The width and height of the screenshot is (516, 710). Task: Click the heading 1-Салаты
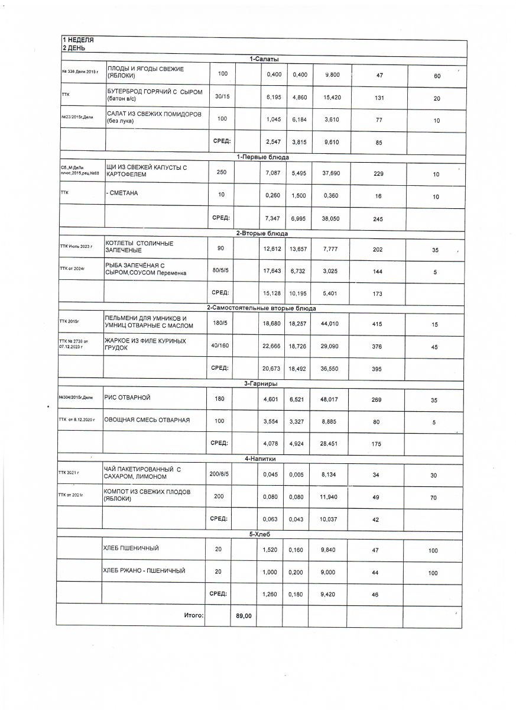(x=264, y=59)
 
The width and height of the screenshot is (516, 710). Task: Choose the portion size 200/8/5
(x=219, y=473)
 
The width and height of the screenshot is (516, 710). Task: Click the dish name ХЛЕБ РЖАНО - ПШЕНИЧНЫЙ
(x=144, y=571)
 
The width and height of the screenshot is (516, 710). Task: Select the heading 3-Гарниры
(x=261, y=383)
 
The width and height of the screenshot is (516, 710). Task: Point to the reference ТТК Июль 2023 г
(x=76, y=246)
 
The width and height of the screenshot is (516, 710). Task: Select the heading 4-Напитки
(x=261, y=459)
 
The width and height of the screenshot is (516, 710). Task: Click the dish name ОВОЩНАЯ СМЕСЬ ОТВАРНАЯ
(x=147, y=420)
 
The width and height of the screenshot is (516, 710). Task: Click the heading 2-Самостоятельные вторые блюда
(x=261, y=308)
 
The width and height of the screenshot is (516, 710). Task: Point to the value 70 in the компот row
(x=433, y=498)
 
